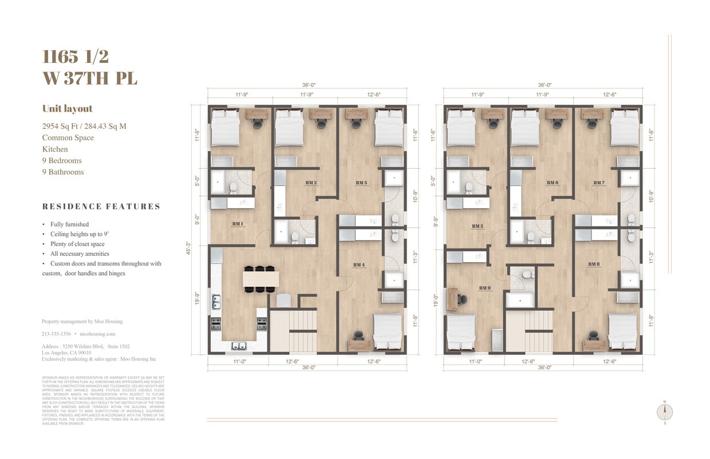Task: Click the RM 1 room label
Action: [x=238, y=223]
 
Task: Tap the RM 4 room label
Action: [x=359, y=264]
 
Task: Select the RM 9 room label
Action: [x=485, y=288]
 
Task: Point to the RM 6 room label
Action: [x=552, y=183]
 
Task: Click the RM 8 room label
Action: [x=594, y=264]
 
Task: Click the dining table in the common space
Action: [x=261, y=279]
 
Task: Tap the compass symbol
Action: [x=665, y=412]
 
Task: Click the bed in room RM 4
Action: [x=388, y=331]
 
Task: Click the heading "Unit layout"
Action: [x=67, y=109]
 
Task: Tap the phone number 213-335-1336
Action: [x=56, y=334]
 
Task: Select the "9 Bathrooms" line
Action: [x=63, y=172]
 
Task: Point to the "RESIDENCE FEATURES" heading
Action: [x=101, y=207]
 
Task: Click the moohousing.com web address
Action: [x=97, y=334]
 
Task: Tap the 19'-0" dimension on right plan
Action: [x=436, y=300]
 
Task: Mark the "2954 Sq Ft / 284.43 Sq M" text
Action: [x=84, y=126]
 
